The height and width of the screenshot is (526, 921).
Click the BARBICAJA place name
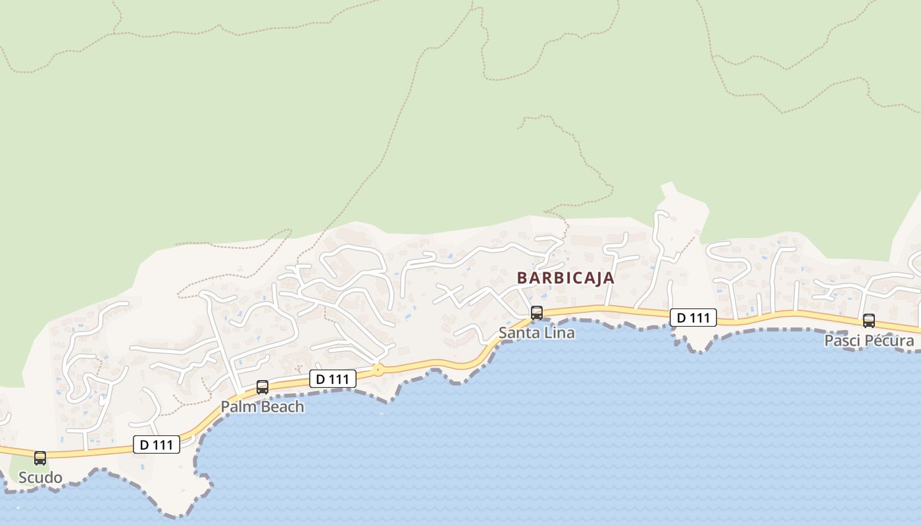[565, 277]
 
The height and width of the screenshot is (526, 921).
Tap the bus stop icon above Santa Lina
[537, 313]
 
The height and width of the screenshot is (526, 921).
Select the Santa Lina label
[536, 333]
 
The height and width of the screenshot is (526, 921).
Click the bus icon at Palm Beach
[262, 387]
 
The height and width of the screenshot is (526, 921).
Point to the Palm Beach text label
[262, 407]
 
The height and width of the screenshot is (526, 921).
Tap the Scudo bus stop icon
[40, 458]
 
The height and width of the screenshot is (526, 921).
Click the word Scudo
[40, 478]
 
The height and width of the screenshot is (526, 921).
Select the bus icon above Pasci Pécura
[869, 321]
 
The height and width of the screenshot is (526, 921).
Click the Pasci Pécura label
[869, 341]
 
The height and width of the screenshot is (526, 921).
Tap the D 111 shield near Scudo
[156, 445]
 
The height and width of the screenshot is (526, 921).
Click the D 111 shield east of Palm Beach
[332, 379]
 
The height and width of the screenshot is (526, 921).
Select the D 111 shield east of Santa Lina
[693, 318]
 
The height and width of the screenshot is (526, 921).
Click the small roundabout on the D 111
[377, 370]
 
